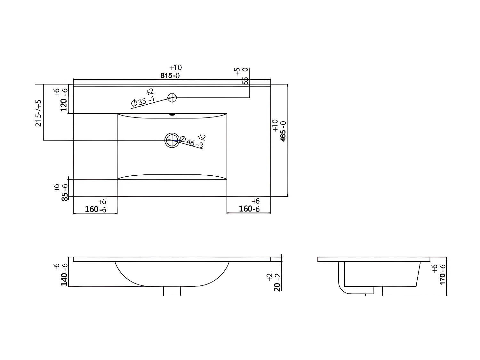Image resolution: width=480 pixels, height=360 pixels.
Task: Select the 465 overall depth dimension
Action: pyautogui.click(x=283, y=131)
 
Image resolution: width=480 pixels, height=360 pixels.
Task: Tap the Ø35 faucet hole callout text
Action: pyautogui.click(x=143, y=101)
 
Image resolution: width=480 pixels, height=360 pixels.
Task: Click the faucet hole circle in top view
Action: pyautogui.click(x=172, y=97)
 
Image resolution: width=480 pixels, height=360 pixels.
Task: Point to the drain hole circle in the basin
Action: pyautogui.click(x=172, y=140)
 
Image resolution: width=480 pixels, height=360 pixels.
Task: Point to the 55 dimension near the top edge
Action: pyautogui.click(x=245, y=80)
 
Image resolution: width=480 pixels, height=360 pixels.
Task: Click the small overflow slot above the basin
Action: pyautogui.click(x=172, y=115)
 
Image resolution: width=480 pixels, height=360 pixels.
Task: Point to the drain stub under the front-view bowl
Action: pyautogui.click(x=172, y=291)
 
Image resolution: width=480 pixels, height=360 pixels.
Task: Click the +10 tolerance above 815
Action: pyautogui.click(x=176, y=68)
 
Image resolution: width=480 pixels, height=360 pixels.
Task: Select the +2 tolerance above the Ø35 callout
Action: pyautogui.click(x=150, y=92)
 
